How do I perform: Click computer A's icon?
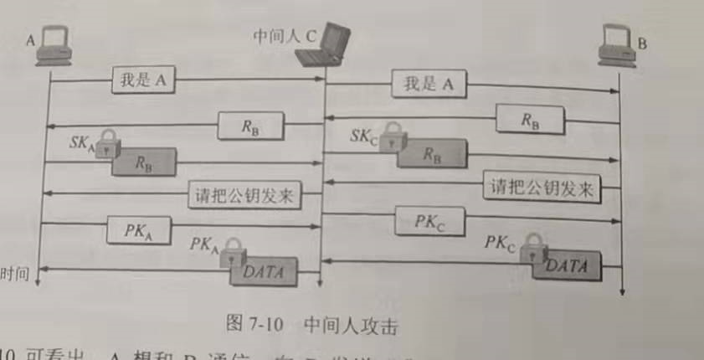(51, 47)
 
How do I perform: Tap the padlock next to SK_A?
(105, 149)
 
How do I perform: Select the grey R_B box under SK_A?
(144, 162)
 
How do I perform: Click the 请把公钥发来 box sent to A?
(244, 195)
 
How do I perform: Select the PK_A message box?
(138, 229)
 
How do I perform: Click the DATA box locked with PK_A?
(264, 270)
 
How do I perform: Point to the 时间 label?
(17, 273)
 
